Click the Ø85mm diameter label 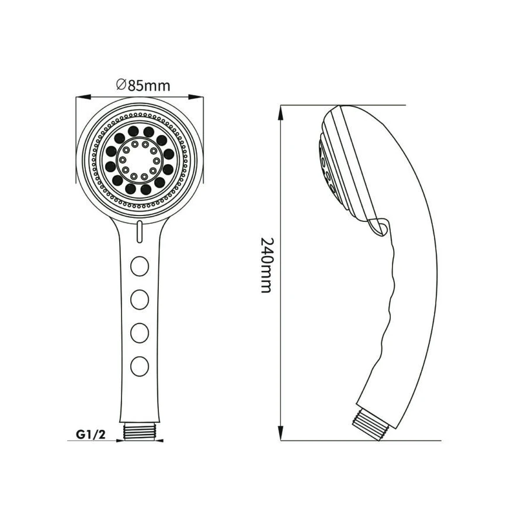click(143, 85)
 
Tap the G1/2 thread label click(91, 435)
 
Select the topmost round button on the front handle click(140, 266)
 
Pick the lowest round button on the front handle click(140, 366)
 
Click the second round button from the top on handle click(140, 299)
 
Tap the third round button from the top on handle click(140, 333)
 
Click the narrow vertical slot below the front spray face click(140, 232)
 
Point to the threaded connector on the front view click(140, 430)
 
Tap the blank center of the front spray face click(140, 160)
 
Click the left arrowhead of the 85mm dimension click(83, 97)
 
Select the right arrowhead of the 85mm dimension click(196, 97)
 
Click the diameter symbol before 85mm click(121, 85)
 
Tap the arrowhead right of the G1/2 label click(120, 440)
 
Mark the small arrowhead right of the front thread click(159, 440)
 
